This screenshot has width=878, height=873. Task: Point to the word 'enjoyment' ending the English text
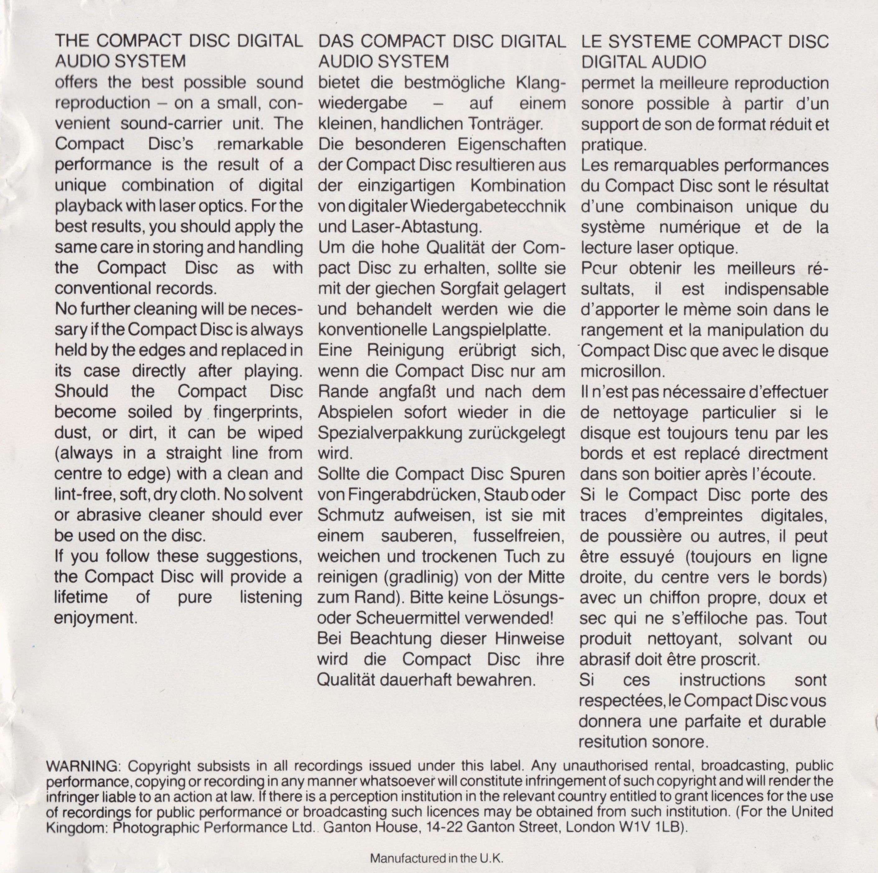tap(96, 618)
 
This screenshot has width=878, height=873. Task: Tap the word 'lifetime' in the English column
tap(81, 597)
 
